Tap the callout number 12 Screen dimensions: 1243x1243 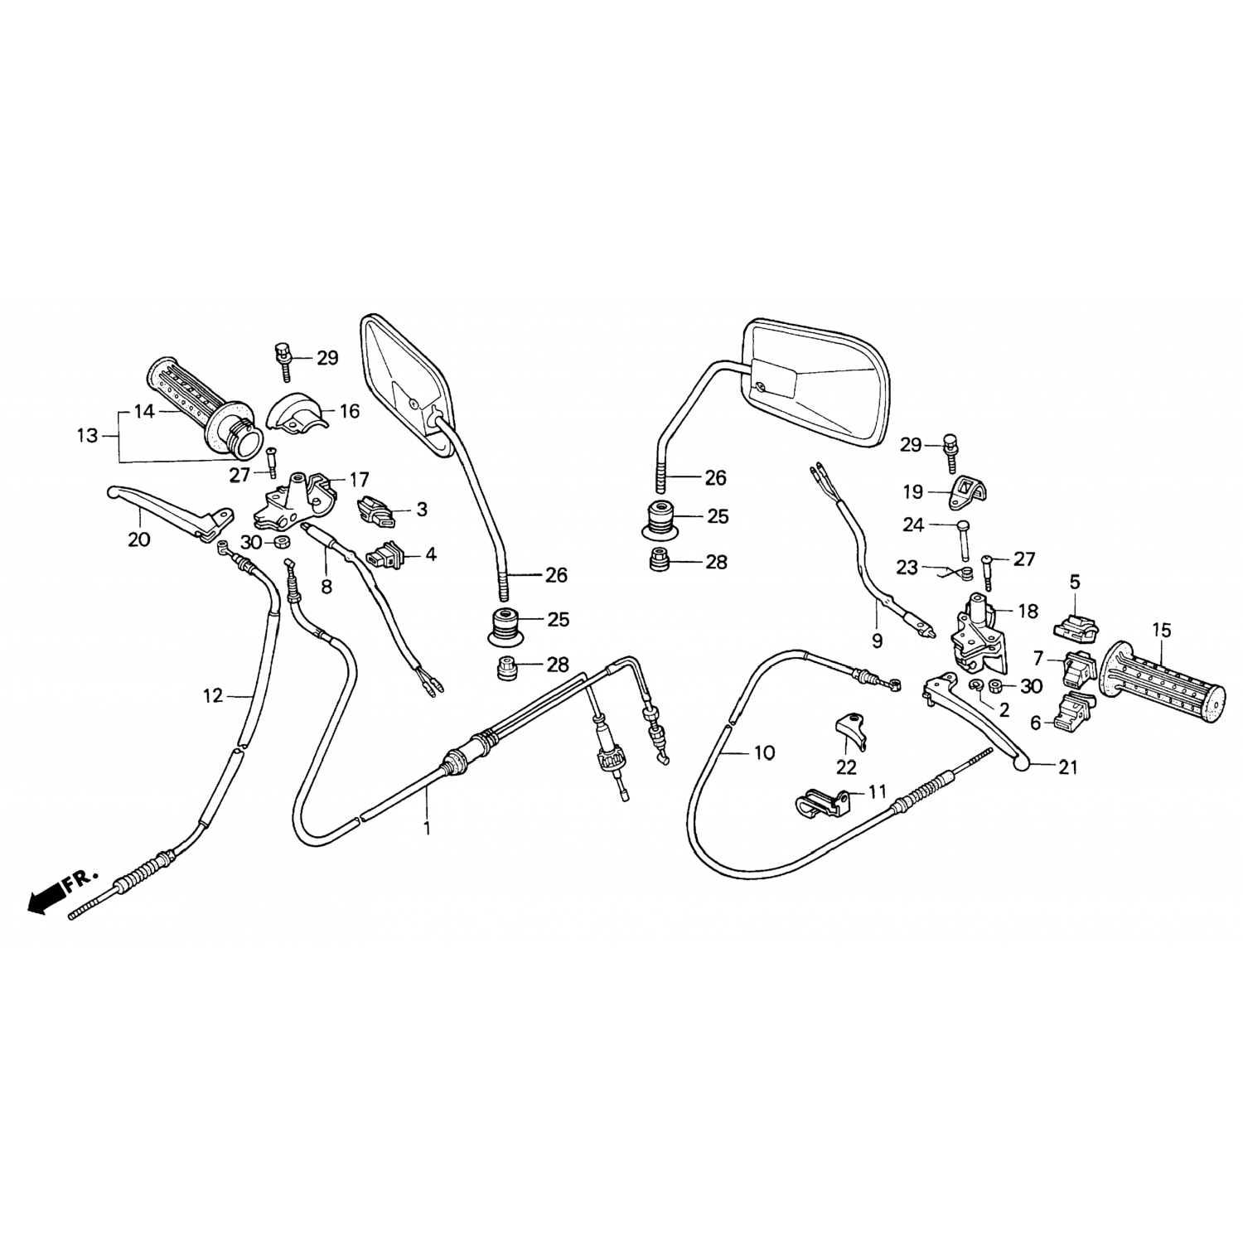pyautogui.click(x=213, y=696)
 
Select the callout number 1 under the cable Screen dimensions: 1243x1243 pyautogui.click(x=428, y=827)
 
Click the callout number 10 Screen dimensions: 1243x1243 pyautogui.click(x=764, y=752)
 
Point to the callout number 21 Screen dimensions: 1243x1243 pyautogui.click(x=1068, y=767)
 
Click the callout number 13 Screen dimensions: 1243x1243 pyautogui.click(x=87, y=435)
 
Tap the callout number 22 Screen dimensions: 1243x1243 pyautogui.click(x=846, y=767)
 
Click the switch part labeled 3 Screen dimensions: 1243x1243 pyautogui.click(x=376, y=510)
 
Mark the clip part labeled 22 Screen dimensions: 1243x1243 pyautogui.click(x=849, y=731)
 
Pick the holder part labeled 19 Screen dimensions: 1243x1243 pyautogui.click(x=975, y=491)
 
